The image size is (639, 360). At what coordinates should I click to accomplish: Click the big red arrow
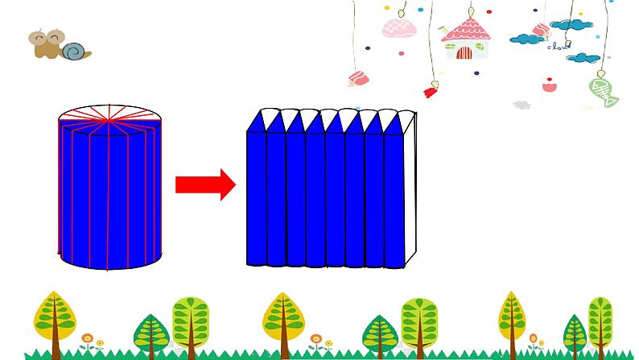coord(204,184)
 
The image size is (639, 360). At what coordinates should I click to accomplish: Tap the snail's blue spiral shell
coord(74,52)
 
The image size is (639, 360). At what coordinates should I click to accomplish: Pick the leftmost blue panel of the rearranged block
coord(256,197)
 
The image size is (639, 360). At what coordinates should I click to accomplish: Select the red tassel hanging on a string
coord(431,91)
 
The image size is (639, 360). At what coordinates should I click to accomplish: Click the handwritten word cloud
coord(558,47)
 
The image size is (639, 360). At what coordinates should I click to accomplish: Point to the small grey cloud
coord(522,105)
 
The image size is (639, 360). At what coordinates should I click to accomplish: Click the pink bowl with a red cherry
coord(550,84)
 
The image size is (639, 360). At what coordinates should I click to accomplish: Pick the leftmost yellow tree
coord(55,317)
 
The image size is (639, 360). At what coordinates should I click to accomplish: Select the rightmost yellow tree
coord(511,314)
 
